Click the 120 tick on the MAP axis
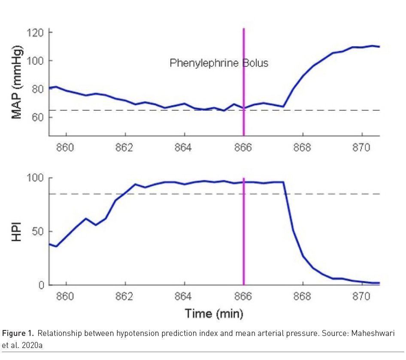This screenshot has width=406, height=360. [x=36, y=33]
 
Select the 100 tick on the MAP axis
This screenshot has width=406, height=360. [x=36, y=61]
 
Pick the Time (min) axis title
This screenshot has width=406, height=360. [x=214, y=314]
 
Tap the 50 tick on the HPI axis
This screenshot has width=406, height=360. [x=39, y=232]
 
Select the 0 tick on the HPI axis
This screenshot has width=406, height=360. [x=42, y=285]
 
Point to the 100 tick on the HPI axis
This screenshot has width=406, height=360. [x=36, y=178]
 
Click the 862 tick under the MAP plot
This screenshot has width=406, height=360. [x=124, y=148]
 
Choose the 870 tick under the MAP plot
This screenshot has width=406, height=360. [x=361, y=148]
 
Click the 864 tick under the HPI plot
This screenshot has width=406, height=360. [x=184, y=297]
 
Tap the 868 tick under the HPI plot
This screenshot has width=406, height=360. [x=302, y=297]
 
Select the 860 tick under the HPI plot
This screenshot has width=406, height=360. [x=65, y=297]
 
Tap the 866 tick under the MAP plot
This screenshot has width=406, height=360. [x=243, y=148]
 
